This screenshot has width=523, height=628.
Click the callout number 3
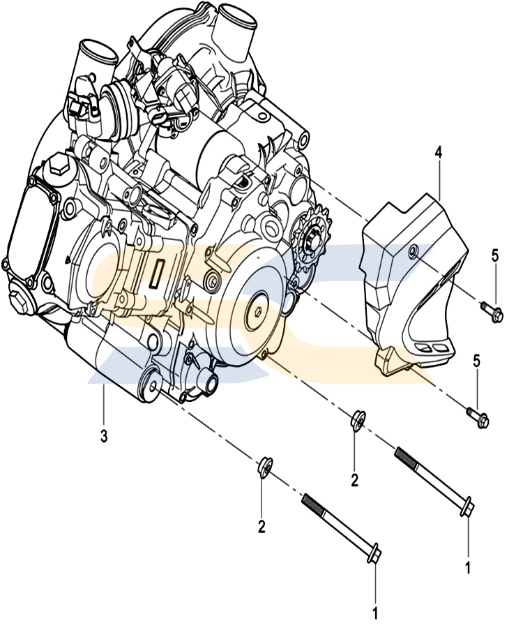[x=103, y=437]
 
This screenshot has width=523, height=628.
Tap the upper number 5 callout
[x=494, y=256]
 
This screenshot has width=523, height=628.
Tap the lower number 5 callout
[x=477, y=361]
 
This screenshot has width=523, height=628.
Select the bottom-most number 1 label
[x=375, y=614]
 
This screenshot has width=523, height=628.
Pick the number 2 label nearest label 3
[x=261, y=527]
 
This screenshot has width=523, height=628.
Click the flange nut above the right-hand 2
[x=354, y=420]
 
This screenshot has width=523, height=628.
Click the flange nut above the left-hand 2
[x=264, y=467]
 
